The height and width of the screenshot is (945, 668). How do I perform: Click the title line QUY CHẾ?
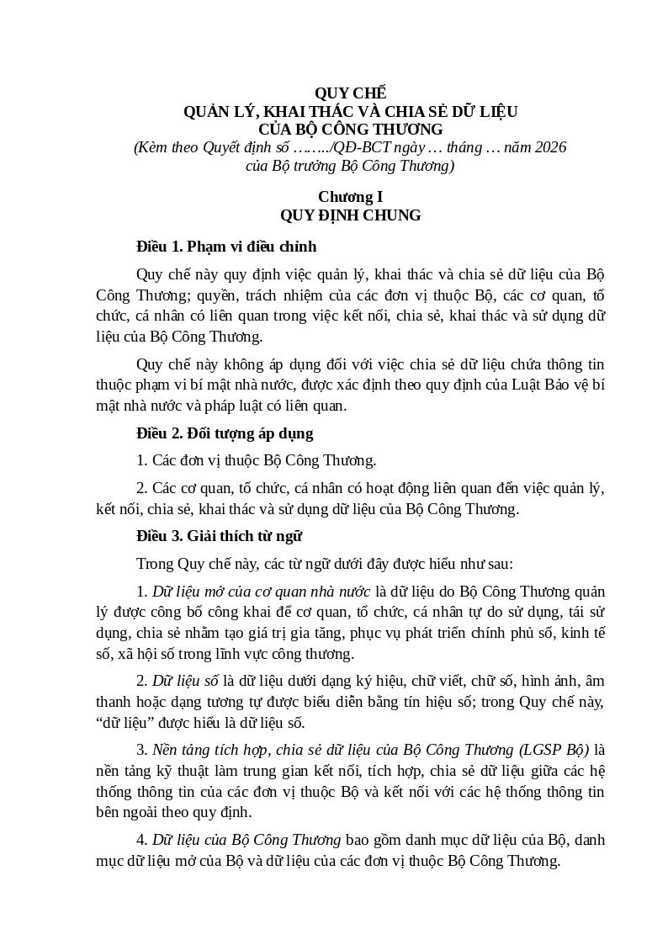tap(350, 93)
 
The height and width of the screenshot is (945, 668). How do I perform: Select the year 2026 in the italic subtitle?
tap(549, 147)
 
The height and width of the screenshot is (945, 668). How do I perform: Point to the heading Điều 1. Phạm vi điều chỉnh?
tap(226, 247)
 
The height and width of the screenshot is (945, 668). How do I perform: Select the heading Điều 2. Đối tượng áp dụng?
tap(225, 433)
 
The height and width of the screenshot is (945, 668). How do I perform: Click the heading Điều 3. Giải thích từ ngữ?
tap(219, 535)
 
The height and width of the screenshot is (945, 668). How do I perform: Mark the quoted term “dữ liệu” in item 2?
tap(120, 722)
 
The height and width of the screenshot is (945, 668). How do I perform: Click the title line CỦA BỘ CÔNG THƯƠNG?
tap(350, 130)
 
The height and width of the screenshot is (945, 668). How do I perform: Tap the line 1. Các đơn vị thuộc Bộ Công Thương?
tap(256, 460)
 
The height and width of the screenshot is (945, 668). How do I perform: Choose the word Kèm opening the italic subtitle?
tap(150, 147)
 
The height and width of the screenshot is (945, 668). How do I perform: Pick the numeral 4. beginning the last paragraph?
tap(142, 839)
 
